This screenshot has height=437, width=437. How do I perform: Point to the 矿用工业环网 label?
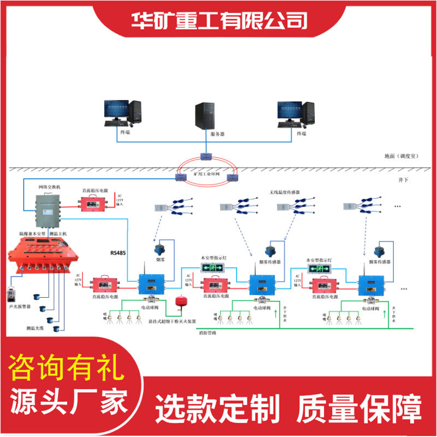(206, 173)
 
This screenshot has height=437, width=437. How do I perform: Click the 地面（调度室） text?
(401, 156)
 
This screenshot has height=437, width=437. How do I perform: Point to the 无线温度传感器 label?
(285, 192)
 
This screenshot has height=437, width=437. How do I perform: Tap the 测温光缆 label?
(36, 328)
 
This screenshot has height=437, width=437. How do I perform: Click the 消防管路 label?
(208, 332)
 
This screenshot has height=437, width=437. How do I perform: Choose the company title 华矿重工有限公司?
(219, 21)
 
